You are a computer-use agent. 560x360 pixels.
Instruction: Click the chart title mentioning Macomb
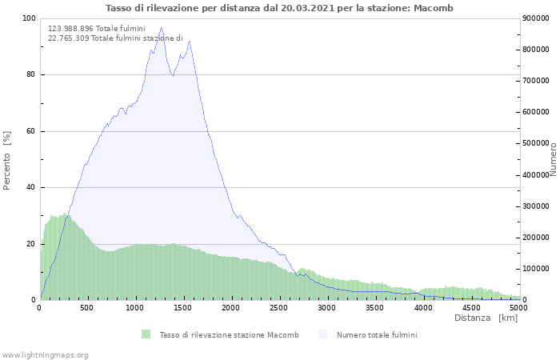(x=279, y=8)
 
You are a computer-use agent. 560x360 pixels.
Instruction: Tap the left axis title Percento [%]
(x=8, y=160)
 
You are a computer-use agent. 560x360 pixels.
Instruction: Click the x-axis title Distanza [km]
(x=486, y=318)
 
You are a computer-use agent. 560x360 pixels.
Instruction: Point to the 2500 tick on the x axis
(x=279, y=307)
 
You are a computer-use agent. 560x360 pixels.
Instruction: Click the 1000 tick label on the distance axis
(x=135, y=307)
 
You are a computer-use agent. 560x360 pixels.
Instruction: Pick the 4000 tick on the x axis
(x=423, y=307)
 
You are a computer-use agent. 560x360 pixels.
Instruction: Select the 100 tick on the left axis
(x=29, y=18)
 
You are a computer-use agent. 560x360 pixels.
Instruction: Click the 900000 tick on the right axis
(x=537, y=18)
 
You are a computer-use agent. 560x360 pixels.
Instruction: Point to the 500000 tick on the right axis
(x=537, y=143)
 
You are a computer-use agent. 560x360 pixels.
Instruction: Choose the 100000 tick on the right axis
(x=537, y=269)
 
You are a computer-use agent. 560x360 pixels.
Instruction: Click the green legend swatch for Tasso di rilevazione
(x=146, y=334)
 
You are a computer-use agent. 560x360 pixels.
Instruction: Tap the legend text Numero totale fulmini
(x=377, y=334)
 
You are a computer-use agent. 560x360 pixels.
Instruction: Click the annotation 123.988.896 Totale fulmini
(x=96, y=28)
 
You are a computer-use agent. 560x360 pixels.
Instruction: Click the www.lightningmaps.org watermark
(x=45, y=354)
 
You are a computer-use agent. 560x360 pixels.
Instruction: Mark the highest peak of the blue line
(x=161, y=28)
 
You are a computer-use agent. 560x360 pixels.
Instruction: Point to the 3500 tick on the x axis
(x=375, y=307)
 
